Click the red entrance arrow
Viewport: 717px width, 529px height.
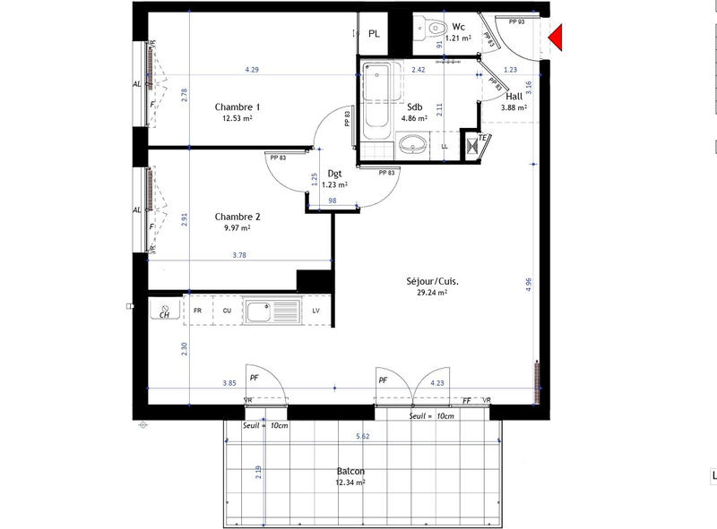pyautogui.click(x=557, y=37)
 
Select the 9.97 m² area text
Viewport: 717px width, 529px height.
pyautogui.click(x=237, y=227)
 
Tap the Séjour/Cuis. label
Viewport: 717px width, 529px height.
pyautogui.click(x=431, y=280)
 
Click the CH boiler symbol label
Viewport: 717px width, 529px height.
pyautogui.click(x=165, y=314)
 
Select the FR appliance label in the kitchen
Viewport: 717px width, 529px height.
pyautogui.click(x=196, y=310)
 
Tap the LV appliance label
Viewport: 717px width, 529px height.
pyautogui.click(x=315, y=310)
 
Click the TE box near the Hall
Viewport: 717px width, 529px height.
pyautogui.click(x=481, y=138)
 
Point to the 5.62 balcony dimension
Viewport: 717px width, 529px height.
pyautogui.click(x=362, y=437)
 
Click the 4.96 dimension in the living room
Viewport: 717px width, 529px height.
pyautogui.click(x=529, y=282)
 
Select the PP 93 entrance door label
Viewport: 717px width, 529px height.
pyautogui.click(x=516, y=21)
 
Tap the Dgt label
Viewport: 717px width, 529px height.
pyautogui.click(x=335, y=174)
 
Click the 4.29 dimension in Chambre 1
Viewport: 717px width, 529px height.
pyautogui.click(x=252, y=70)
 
